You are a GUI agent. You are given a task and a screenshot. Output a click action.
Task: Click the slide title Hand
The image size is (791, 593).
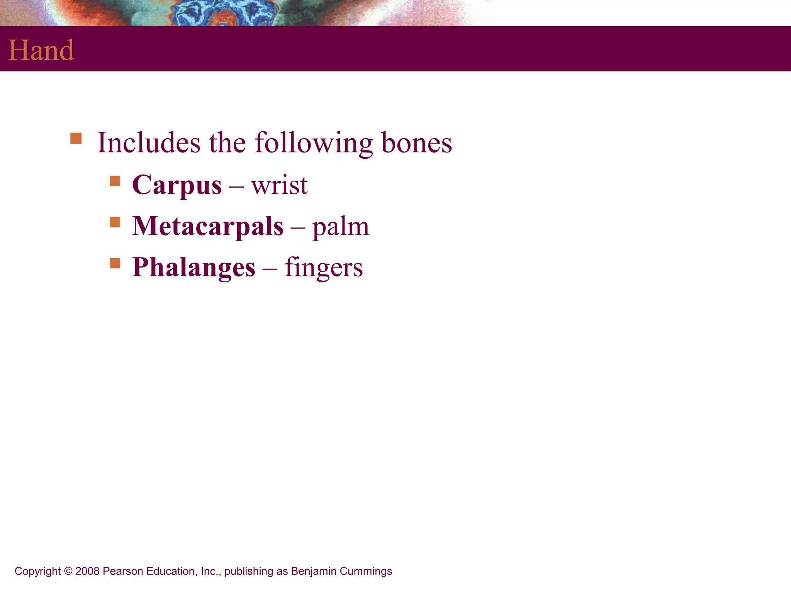pos(41,50)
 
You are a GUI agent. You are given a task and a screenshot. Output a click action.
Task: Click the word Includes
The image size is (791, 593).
pos(149,143)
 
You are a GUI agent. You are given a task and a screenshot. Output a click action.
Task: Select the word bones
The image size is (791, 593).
pos(417,143)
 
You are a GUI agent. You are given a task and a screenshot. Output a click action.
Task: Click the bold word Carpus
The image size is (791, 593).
pos(177,185)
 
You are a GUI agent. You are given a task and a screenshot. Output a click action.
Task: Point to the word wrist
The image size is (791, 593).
pos(279,185)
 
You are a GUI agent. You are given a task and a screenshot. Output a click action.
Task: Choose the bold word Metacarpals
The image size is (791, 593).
pos(208,226)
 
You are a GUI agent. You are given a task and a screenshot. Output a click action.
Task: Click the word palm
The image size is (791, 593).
pos(341,227)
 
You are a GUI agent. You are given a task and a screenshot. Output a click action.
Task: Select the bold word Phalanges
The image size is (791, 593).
pos(194,268)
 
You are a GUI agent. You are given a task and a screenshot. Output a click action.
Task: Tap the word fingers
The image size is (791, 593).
pos(324,268)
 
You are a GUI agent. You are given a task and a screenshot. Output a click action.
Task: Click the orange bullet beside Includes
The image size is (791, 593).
pos(76,138)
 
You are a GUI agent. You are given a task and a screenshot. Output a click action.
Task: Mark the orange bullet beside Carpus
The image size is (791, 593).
pos(115,181)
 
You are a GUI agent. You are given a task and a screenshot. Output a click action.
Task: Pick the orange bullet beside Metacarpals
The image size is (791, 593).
pos(115,222)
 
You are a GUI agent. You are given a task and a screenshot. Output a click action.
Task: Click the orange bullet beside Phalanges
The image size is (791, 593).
pos(115,263)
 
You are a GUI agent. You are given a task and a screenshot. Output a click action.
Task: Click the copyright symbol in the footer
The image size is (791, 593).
pos(68,571)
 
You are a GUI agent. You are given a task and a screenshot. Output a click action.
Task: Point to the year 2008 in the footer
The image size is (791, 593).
pos(87,571)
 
